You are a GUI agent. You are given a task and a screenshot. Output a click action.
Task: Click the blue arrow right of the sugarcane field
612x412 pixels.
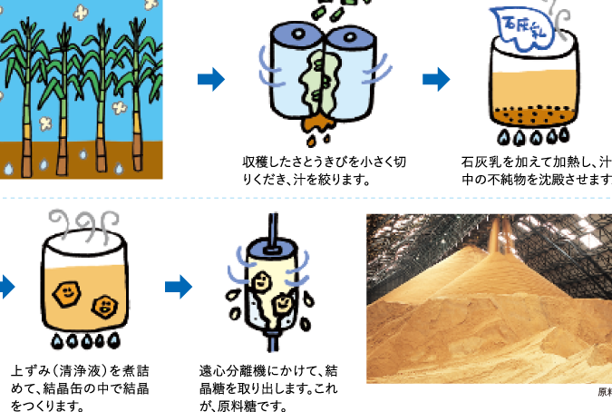[x=210, y=80]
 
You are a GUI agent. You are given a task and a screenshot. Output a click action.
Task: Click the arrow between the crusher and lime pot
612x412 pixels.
[x=436, y=80]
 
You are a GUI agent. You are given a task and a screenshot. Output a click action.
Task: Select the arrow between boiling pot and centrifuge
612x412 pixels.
[x=179, y=288]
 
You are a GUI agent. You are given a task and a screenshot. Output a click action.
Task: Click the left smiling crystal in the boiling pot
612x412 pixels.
[x=66, y=292]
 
